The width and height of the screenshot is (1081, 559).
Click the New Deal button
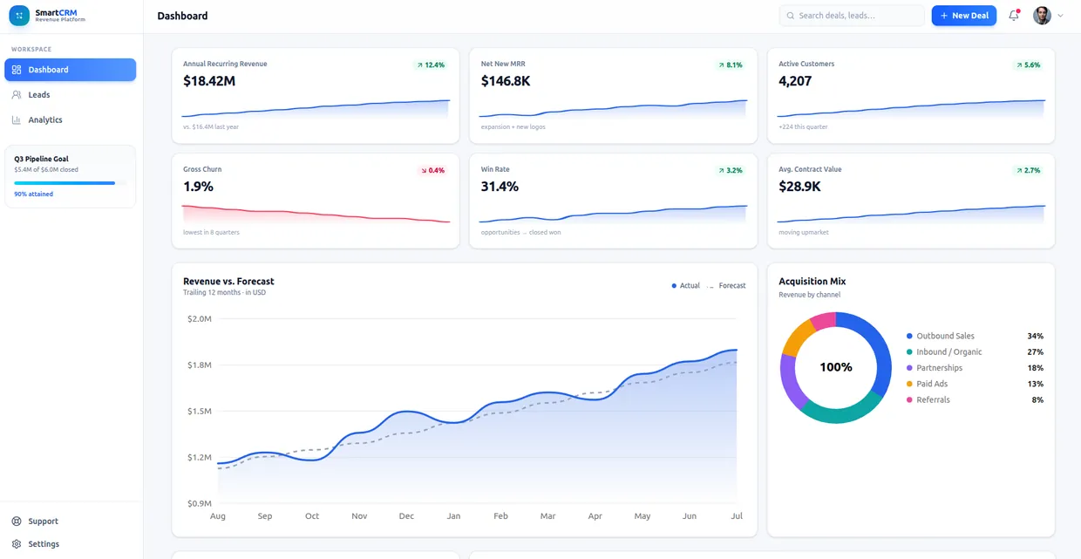click(x=963, y=16)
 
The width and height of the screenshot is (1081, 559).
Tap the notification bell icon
click(x=1014, y=16)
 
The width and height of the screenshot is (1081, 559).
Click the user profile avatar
click(x=1042, y=16)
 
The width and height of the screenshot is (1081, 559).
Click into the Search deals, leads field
click(x=852, y=16)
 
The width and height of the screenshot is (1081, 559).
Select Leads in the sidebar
click(x=38, y=94)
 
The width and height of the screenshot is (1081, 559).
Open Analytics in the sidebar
click(x=44, y=119)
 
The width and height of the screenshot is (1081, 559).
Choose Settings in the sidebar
click(x=44, y=544)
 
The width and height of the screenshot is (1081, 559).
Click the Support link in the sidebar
click(x=43, y=522)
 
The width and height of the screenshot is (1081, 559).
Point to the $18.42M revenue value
click(x=209, y=81)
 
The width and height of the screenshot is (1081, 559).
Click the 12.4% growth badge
click(x=431, y=65)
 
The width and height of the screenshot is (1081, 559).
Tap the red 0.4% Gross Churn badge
click(x=432, y=170)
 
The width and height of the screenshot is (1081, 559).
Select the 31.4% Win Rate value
click(x=500, y=187)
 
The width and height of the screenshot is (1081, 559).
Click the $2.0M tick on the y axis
click(x=200, y=318)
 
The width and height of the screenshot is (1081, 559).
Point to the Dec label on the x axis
click(x=406, y=516)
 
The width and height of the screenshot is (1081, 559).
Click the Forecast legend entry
click(x=726, y=286)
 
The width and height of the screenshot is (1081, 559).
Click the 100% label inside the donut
click(x=836, y=367)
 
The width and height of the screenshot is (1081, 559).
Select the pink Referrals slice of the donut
click(x=823, y=320)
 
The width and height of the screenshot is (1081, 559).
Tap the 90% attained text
click(x=33, y=194)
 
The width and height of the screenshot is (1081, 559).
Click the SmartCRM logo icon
click(x=19, y=16)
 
